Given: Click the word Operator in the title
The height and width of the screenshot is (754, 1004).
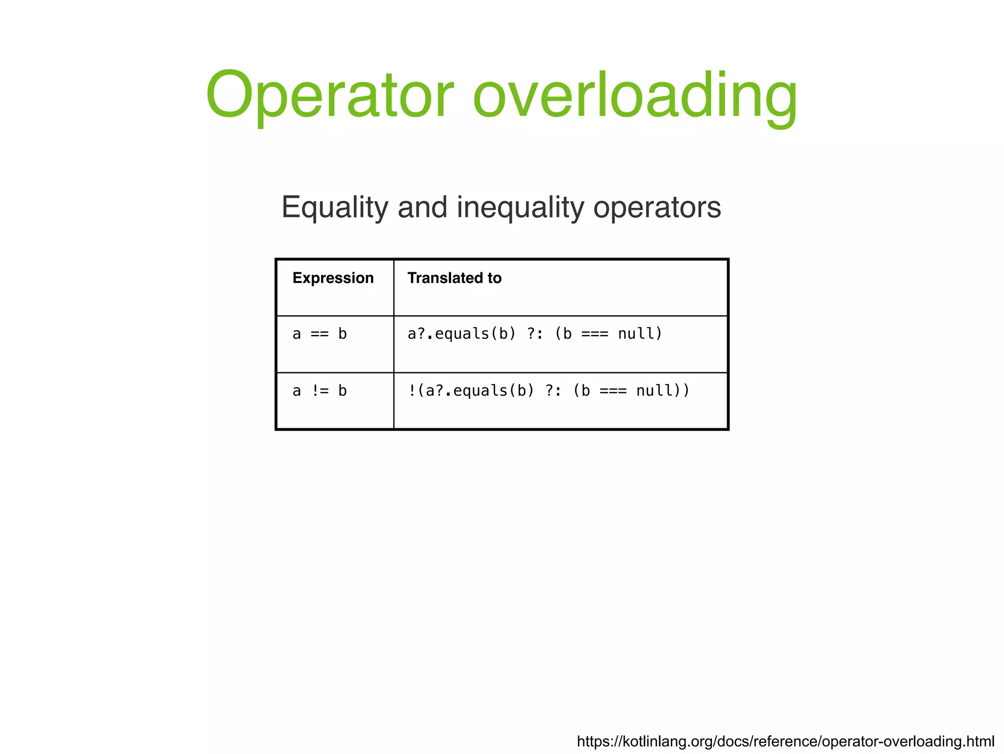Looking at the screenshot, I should (x=329, y=95).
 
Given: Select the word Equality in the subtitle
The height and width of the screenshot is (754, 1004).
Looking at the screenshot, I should (x=334, y=208).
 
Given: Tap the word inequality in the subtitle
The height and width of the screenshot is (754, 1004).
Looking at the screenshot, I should (x=520, y=208).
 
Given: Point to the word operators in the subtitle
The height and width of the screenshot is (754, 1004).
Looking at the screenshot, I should (x=657, y=208).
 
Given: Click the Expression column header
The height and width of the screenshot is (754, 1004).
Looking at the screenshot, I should (x=333, y=278).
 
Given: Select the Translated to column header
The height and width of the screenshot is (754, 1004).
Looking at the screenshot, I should (x=454, y=278).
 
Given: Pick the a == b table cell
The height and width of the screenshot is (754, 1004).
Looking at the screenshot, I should (x=320, y=334).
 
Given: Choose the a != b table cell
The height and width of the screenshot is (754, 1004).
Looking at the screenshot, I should (x=320, y=391).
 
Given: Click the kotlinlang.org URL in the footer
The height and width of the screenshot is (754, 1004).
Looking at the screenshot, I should (x=785, y=741).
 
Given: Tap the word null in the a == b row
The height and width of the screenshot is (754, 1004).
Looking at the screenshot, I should (x=636, y=334).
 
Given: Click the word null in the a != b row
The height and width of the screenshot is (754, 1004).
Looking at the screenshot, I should (x=654, y=391).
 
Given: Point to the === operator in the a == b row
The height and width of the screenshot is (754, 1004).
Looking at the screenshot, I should (x=594, y=334).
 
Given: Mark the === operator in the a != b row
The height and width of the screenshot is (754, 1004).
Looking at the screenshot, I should (x=613, y=391).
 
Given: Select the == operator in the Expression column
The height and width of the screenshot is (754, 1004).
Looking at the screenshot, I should (x=320, y=334).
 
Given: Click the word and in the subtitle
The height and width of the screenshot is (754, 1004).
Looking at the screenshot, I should (x=422, y=208).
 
